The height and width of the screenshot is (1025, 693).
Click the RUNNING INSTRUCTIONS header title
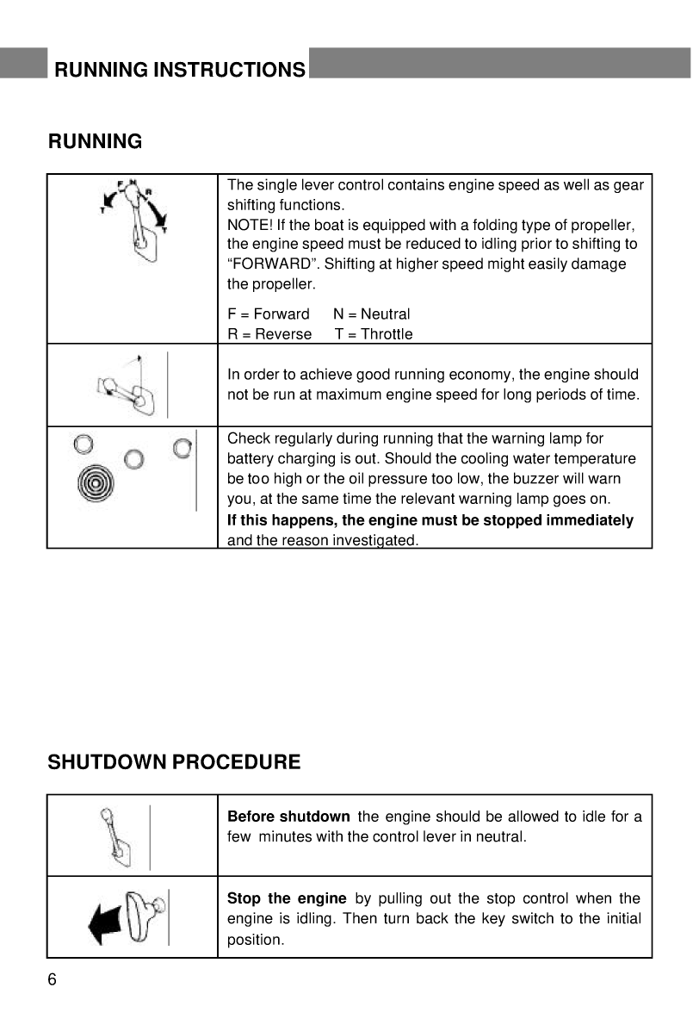[179, 70]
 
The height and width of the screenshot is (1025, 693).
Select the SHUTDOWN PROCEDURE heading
[175, 762]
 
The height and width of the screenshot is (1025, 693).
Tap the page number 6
[53, 980]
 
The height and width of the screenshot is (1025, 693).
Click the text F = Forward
[268, 314]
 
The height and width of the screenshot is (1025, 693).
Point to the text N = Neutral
[371, 314]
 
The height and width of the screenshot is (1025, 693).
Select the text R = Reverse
[269, 334]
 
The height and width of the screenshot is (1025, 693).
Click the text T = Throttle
[373, 334]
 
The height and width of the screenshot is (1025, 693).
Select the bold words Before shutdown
[288, 817]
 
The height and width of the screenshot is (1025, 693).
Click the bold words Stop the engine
[286, 898]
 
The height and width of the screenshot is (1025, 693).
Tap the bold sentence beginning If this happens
[430, 520]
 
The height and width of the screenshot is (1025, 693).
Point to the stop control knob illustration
[142, 915]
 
